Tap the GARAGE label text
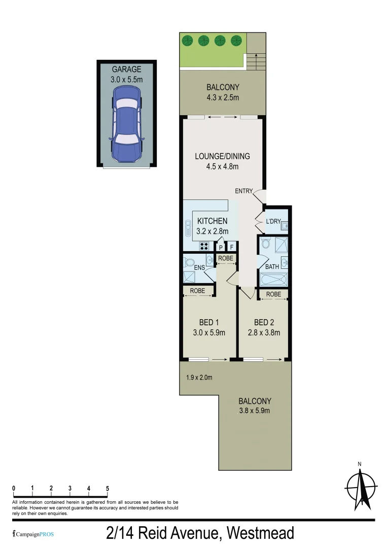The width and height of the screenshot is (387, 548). tap(126, 69)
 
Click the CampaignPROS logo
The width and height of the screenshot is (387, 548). tap(33, 534)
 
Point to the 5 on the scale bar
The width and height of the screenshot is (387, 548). tap(108, 488)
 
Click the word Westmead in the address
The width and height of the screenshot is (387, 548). tap(260, 533)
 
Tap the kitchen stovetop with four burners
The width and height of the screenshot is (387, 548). tap(205, 246)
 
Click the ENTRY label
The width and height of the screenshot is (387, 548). tap(243, 191)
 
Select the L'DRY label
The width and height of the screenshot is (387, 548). tap(273, 221)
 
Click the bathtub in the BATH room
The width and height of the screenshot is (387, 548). tap(273, 279)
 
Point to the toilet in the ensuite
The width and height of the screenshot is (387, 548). tap(189, 262)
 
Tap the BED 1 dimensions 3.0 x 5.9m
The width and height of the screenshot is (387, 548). tap(209, 333)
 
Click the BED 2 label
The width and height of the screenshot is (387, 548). tap(264, 322)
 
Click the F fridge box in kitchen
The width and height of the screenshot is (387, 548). tap(232, 247)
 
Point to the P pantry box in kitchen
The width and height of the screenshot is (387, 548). tap(221, 247)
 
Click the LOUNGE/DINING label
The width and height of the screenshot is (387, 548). tap(222, 156)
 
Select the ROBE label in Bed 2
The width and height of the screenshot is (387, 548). tap(273, 294)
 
